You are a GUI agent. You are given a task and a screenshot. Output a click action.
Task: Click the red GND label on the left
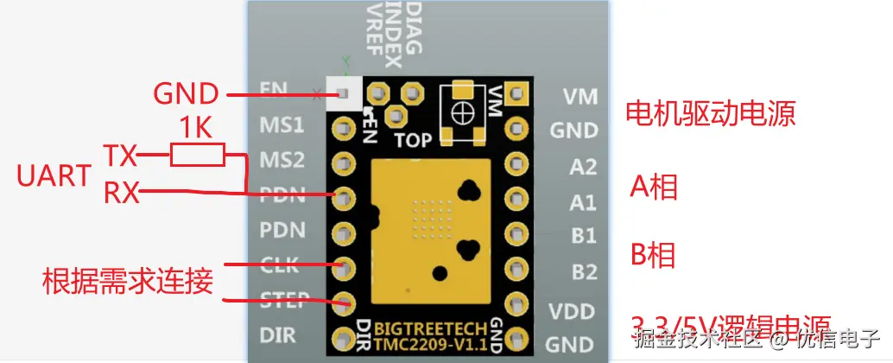186,92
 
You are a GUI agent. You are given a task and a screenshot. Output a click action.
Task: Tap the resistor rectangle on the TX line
198,156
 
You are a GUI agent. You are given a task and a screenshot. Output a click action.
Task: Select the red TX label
121,156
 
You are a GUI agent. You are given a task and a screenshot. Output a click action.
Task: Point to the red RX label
123,191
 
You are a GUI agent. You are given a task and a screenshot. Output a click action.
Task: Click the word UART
54,175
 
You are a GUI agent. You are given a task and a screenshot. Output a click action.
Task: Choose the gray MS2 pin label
282,161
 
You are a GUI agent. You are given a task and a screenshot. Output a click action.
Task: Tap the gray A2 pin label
583,167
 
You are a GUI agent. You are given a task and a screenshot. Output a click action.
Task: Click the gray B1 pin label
583,236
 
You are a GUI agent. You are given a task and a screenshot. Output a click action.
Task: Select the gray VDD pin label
573,310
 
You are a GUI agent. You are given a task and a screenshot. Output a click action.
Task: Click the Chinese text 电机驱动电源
710,113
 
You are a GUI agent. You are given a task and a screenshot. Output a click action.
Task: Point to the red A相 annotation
654,187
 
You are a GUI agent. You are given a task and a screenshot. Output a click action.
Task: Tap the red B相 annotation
654,255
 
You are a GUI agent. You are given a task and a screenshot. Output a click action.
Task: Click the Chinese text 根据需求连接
128,282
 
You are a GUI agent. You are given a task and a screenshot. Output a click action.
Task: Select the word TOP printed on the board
414,138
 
